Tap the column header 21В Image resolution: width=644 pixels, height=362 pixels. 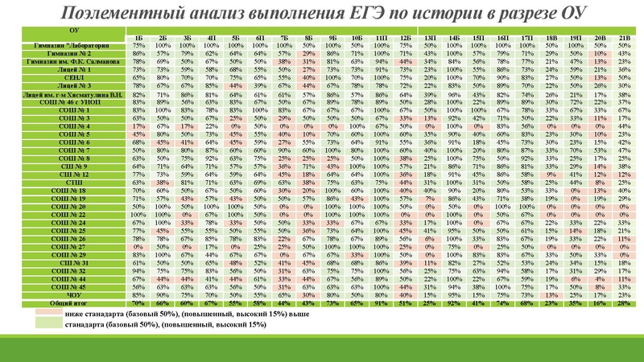(x=624, y=38)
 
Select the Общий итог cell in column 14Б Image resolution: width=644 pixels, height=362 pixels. (x=455, y=302)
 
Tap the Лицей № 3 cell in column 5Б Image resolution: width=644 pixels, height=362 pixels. (x=236, y=84)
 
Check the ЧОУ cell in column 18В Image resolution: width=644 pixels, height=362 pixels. (x=551, y=294)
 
